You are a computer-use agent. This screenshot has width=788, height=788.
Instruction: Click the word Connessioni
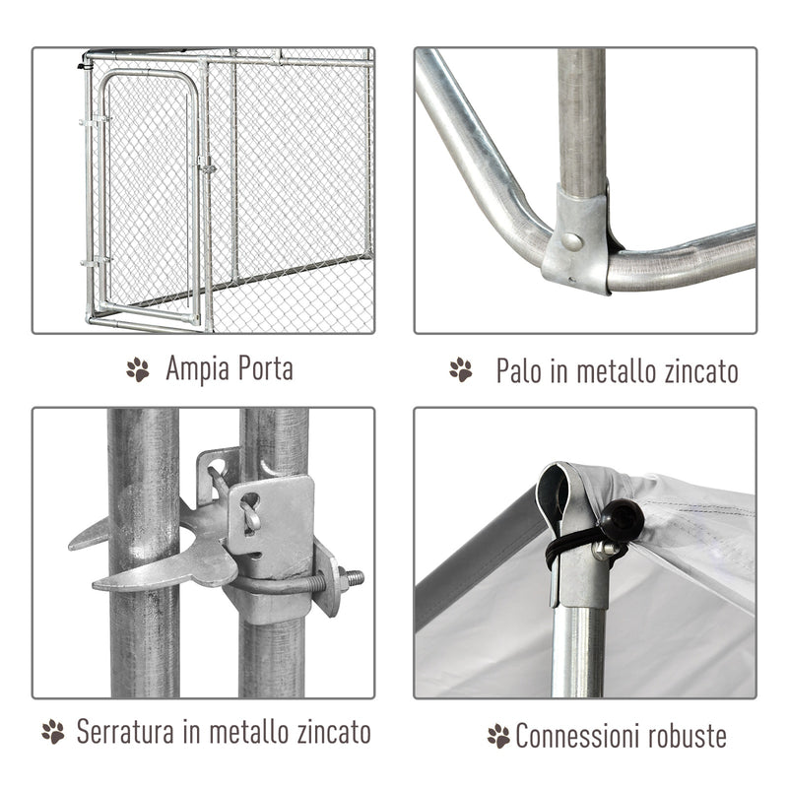[580, 735]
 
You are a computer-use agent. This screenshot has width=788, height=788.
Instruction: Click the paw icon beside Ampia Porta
[138, 370]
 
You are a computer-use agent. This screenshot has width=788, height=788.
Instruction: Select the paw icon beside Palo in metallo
[460, 370]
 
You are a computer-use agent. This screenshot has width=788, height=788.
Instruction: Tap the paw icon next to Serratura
[53, 732]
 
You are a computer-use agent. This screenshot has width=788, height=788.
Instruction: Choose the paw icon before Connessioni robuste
[498, 735]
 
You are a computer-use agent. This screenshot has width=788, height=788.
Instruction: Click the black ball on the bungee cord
[622, 515]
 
